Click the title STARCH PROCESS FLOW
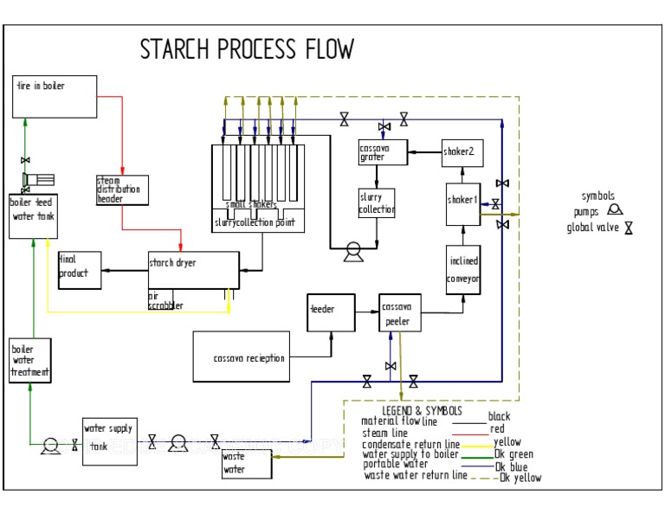(x=247, y=49)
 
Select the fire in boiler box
(x=55, y=97)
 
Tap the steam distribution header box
(x=122, y=190)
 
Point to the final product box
(x=79, y=270)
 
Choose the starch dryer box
(x=193, y=270)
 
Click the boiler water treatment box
(x=30, y=359)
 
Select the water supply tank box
(x=108, y=441)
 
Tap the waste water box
(x=246, y=464)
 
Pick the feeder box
(x=331, y=312)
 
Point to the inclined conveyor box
(x=463, y=269)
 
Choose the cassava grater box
(x=382, y=153)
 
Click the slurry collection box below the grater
(x=377, y=203)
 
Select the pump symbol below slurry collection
(x=352, y=252)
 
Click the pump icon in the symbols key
(x=614, y=209)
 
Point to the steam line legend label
(x=384, y=433)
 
